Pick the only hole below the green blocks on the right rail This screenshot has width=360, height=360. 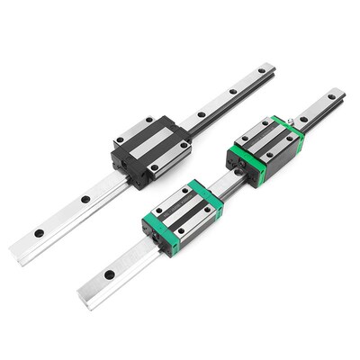[x=109, y=273]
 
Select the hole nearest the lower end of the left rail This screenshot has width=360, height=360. [x=40, y=234]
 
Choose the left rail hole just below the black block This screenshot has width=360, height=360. [x=85, y=200]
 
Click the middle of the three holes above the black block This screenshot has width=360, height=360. [x=233, y=92]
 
